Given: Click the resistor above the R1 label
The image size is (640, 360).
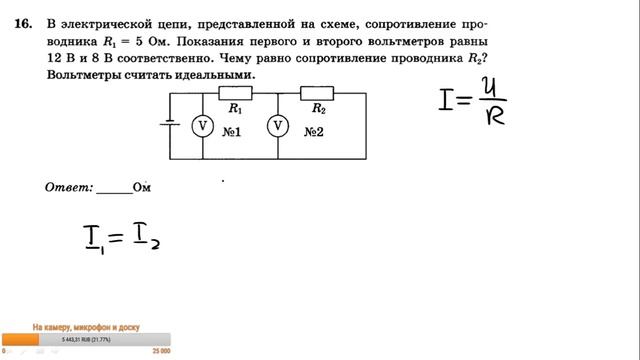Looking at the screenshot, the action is coord(236,93).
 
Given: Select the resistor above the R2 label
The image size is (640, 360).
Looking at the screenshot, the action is coord(318,93).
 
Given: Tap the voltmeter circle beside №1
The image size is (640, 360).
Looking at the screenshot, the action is coord(202,125).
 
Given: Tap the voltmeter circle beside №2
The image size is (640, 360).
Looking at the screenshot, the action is coord(277,125).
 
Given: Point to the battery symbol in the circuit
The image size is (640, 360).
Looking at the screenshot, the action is coord(170,125).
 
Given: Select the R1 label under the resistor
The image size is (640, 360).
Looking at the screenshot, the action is coord(236,108).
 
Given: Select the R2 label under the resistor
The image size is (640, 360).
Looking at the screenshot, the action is coord(318,108).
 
